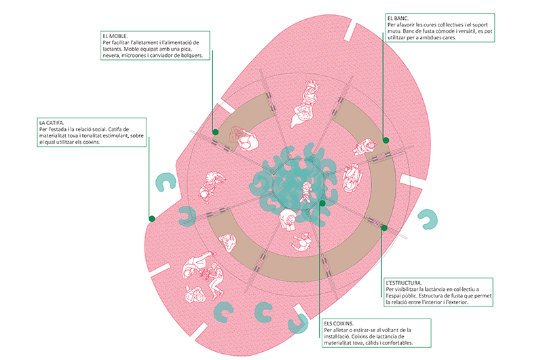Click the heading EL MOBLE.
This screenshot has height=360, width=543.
[115, 36]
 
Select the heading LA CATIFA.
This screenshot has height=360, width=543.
[52, 123]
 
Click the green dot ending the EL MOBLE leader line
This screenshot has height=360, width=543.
[215, 132]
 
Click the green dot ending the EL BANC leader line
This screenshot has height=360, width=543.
[386, 140]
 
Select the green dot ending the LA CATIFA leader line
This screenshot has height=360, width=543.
[151, 219]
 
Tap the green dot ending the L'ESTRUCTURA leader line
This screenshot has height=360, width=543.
[384, 228]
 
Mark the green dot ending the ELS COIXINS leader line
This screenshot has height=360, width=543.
[322, 203]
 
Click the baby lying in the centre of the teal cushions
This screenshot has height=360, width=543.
[306, 192]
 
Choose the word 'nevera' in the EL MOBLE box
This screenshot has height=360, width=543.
[109, 56]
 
